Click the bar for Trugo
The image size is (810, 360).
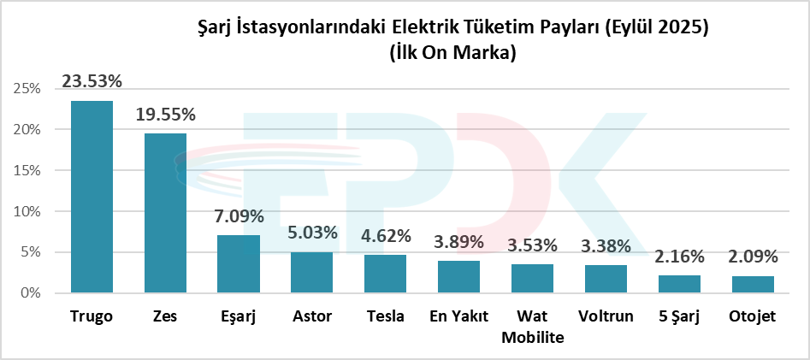[x=92, y=197]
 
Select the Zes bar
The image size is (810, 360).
[x=165, y=213]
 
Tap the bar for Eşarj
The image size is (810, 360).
[x=239, y=263]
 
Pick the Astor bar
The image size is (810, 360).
[x=312, y=272]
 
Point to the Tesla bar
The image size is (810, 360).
[x=386, y=274]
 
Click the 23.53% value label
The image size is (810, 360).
[x=92, y=82]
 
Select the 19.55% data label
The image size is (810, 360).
[x=166, y=115]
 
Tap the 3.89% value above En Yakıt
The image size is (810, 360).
[x=459, y=243]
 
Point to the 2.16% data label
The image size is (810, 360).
[x=680, y=257]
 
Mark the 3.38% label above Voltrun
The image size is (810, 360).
[x=606, y=247]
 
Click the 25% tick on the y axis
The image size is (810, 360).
[x=28, y=89]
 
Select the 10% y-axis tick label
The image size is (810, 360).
[x=28, y=211]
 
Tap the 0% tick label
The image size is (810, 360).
[x=32, y=293]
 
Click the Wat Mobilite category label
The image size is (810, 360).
[x=533, y=327]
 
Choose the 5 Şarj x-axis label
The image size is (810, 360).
[x=680, y=317]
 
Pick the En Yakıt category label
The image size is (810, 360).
[x=459, y=317]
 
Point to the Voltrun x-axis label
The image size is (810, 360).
[x=606, y=317]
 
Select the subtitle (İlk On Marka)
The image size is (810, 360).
[x=452, y=53]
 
